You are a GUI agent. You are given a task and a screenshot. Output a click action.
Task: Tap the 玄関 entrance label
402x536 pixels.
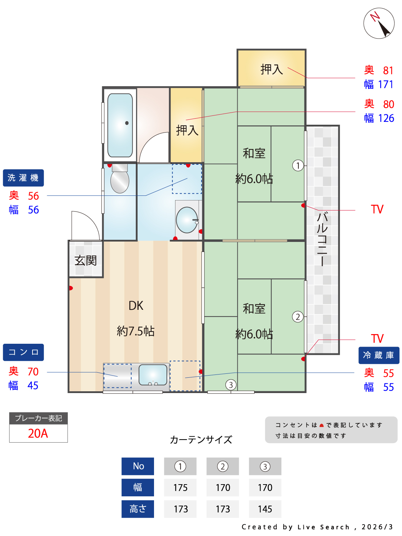85,260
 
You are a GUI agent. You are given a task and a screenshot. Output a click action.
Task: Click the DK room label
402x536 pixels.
136,306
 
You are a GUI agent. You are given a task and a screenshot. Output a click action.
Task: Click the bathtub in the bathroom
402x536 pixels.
120,125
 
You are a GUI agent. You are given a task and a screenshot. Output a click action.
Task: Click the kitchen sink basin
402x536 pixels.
153,374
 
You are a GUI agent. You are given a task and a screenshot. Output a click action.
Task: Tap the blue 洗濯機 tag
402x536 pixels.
23,178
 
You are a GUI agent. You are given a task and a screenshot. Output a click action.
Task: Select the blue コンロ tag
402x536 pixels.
23,352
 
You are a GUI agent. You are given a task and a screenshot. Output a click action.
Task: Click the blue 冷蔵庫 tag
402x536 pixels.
378,355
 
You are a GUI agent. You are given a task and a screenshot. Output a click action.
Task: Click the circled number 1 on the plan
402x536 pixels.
298,165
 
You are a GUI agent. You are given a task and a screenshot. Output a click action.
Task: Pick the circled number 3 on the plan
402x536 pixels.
231,385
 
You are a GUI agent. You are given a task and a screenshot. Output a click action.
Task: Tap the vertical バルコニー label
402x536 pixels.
322,239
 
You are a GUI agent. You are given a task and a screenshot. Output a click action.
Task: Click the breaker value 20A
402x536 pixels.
38,433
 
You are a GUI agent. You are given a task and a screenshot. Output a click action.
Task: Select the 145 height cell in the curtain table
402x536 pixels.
265,509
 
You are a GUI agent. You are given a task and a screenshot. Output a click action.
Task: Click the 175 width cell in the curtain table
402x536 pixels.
180,488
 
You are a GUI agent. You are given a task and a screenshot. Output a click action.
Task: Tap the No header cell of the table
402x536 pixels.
138,466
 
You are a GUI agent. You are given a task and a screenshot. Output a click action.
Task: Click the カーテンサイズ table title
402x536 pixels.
201,440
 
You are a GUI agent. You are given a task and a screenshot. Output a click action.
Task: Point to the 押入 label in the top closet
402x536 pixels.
272,69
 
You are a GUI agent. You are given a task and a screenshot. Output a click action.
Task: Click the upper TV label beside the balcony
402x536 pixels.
377,209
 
